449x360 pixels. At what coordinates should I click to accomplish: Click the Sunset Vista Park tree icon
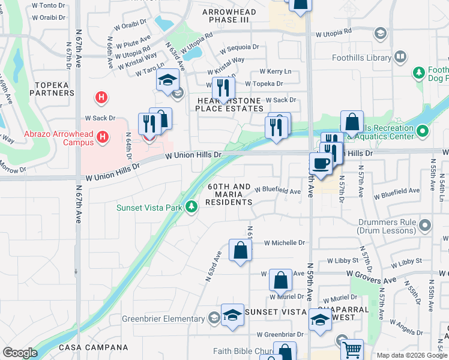(191, 207)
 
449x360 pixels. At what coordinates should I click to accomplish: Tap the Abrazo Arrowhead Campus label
(58, 138)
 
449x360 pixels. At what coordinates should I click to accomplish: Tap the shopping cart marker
(352, 349)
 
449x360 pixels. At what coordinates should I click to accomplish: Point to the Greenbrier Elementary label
(169, 319)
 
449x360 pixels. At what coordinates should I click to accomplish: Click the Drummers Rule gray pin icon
(426, 226)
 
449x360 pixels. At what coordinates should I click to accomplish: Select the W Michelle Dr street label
(285, 243)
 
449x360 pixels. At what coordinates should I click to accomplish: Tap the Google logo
(20, 353)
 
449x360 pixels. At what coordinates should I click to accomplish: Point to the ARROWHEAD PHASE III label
(229, 16)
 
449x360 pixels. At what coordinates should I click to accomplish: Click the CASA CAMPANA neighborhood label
(93, 347)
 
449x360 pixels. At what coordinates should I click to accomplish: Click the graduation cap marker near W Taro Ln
(168, 80)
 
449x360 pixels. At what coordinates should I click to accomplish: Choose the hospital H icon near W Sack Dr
(101, 97)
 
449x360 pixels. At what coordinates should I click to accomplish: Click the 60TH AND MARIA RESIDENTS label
(229, 195)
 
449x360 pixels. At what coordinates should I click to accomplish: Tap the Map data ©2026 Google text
(411, 355)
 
